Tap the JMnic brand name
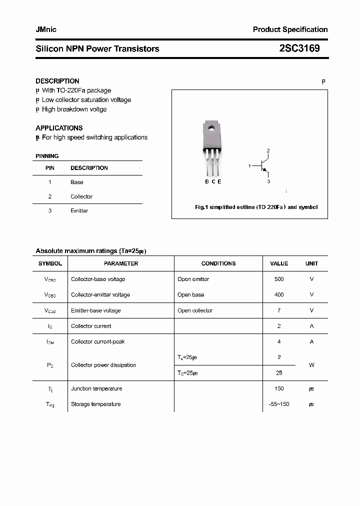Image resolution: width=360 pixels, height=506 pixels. pyautogui.click(x=46, y=29)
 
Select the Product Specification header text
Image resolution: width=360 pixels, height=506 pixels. pyautogui.click(x=290, y=29)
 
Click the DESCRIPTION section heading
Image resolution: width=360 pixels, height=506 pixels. pyautogui.click(x=57, y=81)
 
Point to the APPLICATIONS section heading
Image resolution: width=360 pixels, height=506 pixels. pyautogui.click(x=59, y=128)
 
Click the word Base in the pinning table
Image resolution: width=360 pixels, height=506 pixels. pyautogui.click(x=77, y=182)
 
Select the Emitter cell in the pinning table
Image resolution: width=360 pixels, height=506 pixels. pyautogui.click(x=79, y=211)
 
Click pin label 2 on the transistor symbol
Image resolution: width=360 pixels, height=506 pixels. pyautogui.click(x=268, y=150)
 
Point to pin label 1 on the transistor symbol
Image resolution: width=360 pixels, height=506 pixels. pyautogui.click(x=249, y=165)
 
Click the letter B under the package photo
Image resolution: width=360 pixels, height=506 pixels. pyautogui.click(x=207, y=181)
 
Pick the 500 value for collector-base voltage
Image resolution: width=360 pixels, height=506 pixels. pyautogui.click(x=279, y=279)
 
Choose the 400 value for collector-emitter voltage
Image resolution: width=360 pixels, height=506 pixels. pyautogui.click(x=279, y=295)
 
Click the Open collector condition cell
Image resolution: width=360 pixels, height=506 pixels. pyautogui.click(x=195, y=310)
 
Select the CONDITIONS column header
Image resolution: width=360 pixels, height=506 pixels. pyautogui.click(x=218, y=263)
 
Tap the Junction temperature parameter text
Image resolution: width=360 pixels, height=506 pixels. pyautogui.click(x=96, y=388)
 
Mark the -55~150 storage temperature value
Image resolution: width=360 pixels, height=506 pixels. pyautogui.click(x=279, y=404)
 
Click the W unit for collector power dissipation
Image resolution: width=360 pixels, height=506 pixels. pyautogui.click(x=311, y=365)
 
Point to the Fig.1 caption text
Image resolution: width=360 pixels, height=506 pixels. pyautogui.click(x=256, y=207)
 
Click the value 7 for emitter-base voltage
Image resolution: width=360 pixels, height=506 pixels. pyautogui.click(x=279, y=310)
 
